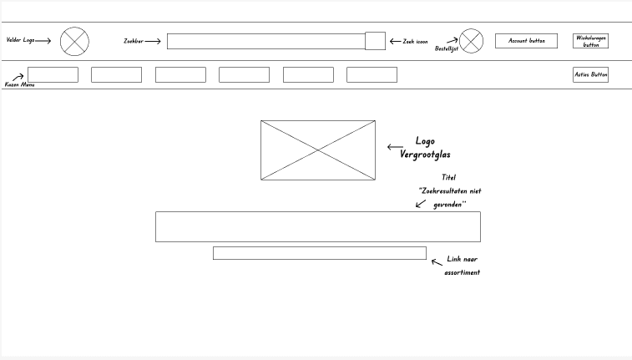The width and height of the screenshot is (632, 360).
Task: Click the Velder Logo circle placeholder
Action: pos(74,41)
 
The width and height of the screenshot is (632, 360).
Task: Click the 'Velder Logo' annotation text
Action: pos(21,40)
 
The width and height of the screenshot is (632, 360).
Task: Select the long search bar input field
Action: pos(265,41)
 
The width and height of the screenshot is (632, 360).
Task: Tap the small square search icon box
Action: pos(375,41)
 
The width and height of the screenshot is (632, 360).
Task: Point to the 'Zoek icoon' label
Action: pos(415,41)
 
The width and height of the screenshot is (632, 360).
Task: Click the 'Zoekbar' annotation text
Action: pos(133,40)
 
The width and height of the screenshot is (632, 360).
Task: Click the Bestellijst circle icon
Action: pos(471,41)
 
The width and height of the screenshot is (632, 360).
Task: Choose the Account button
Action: pos(526,41)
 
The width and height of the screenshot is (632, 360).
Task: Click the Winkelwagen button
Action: pos(590,41)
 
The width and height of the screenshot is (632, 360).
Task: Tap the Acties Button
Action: pos(590,75)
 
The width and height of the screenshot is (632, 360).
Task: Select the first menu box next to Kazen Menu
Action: pos(53,75)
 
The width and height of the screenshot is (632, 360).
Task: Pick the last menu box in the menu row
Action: pos(372,75)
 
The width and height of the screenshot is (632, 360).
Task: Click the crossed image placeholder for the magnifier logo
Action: pos(317,150)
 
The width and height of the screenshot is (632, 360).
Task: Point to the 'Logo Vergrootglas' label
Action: pos(431,148)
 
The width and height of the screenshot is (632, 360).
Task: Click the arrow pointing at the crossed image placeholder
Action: pos(395,147)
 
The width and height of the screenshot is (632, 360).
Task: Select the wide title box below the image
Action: pos(317,226)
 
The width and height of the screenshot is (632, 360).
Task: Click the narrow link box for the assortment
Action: pos(319,253)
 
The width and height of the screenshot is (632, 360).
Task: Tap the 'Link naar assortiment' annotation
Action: pos(462,266)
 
